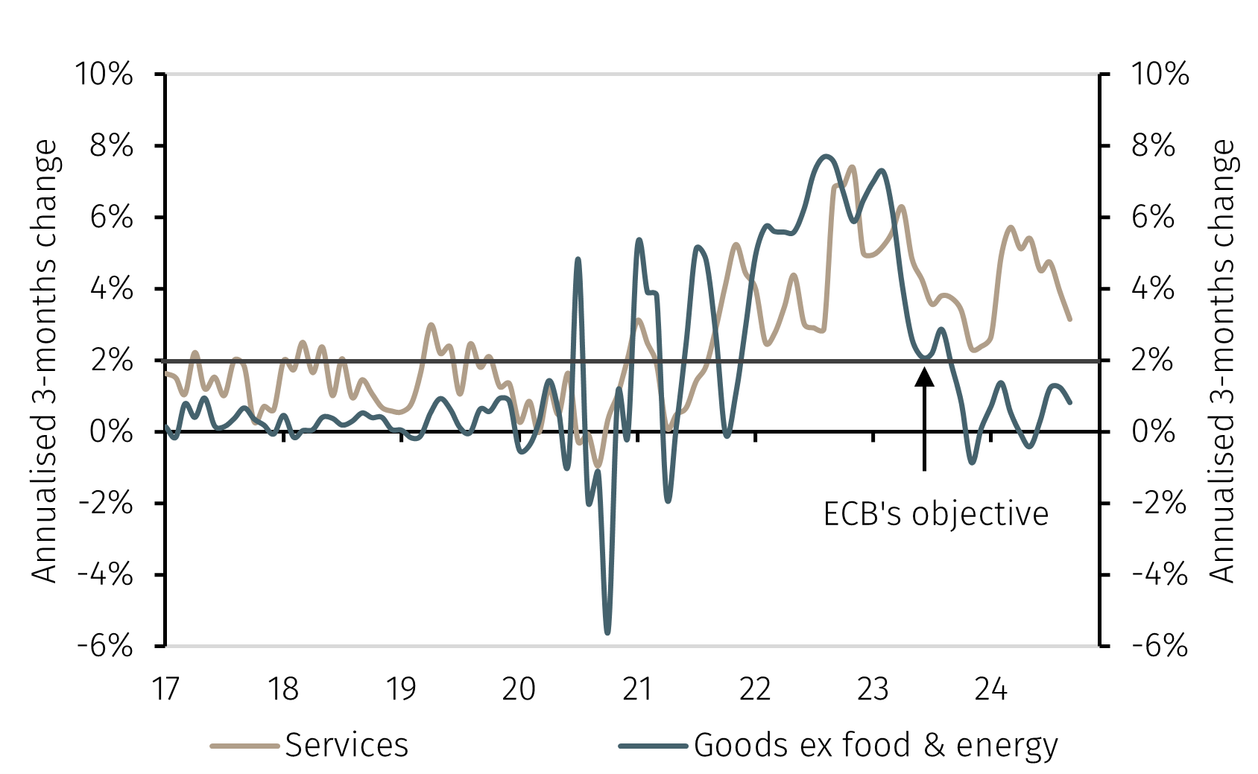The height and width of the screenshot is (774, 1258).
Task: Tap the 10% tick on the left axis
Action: pos(104,74)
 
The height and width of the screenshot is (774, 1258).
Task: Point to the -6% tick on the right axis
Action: pos(1159,645)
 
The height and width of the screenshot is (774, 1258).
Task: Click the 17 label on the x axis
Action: pos(165,689)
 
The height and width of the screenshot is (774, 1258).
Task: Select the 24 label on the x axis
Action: pos(990,689)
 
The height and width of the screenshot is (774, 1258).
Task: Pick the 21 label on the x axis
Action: pos(637,689)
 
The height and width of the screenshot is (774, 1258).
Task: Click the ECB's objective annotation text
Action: pos(935,514)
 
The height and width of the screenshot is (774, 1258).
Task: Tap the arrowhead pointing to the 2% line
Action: pos(924,376)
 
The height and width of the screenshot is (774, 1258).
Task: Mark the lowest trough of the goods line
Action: pos(607,632)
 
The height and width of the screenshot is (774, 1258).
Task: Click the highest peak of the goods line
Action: pos(825,156)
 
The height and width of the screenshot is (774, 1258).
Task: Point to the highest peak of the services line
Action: pos(852,167)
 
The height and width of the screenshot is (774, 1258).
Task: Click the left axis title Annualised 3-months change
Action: pos(45,361)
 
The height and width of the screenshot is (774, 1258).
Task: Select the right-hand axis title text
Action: pos(1222,361)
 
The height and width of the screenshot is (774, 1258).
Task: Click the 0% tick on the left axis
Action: pos(110,431)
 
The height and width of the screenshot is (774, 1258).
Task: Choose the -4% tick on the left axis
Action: pos(105,574)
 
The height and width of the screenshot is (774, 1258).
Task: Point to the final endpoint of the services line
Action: pos(1069,319)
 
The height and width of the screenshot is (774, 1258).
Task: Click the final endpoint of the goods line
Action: pos(1070,402)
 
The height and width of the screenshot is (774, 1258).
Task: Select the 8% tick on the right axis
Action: pos(1152,146)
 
